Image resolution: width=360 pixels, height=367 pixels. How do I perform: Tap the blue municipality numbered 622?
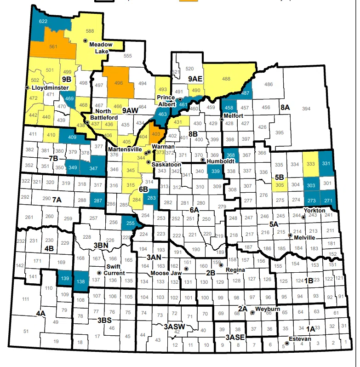44,22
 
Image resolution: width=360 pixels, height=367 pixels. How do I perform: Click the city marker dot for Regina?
221,265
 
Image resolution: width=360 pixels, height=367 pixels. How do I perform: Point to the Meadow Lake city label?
101,48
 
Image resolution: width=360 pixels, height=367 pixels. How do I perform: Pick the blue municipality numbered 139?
65,278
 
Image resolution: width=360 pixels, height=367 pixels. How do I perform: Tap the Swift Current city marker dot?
99,273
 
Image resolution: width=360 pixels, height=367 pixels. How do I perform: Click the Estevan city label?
300,339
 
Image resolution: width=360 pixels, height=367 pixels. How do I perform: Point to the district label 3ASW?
174,326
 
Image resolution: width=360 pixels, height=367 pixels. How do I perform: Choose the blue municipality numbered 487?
245,92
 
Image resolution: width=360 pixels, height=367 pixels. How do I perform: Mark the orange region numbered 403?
155,134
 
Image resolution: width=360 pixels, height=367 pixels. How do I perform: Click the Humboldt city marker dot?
203,160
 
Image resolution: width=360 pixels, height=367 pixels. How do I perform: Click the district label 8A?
285,107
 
